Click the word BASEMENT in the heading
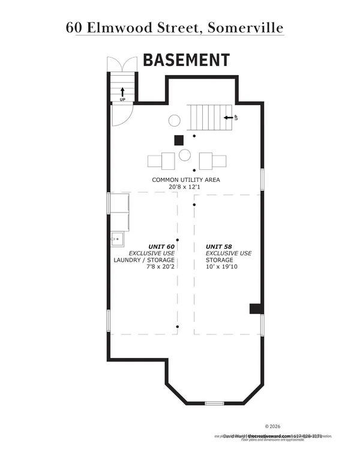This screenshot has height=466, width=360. pos(185,60)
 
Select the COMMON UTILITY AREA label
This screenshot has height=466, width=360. pos(186,180)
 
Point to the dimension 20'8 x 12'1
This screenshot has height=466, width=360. pos(186,187)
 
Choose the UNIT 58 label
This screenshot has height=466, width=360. pos(220,246)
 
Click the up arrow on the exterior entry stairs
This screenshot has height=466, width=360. pos(122,91)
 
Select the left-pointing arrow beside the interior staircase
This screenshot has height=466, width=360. pos(227,118)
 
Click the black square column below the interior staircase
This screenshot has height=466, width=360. pos(178,141)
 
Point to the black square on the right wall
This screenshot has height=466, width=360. pos(255,309)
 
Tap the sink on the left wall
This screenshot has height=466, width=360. pos(117,239)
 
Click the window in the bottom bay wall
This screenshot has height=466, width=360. pos(214,402)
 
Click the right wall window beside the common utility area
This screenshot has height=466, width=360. pos(262,180)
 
